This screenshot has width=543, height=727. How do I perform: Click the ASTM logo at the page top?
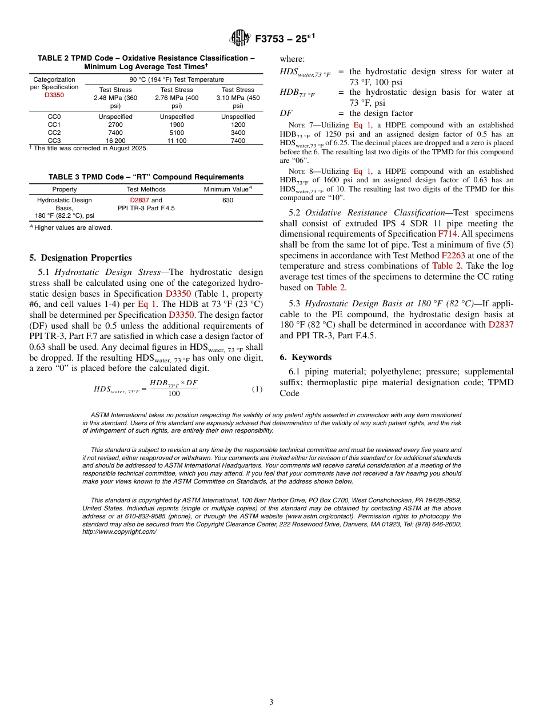240,38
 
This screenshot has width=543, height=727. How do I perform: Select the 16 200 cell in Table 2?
115,141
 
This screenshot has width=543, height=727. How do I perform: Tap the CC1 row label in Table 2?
54,125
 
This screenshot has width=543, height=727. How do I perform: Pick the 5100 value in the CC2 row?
177,133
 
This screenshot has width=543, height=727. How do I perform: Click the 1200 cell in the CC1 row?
238,125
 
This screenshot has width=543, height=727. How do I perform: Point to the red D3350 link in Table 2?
54,95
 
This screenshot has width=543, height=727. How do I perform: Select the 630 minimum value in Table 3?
227,201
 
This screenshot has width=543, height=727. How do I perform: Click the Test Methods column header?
146,189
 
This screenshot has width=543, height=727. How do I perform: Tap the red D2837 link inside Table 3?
139,201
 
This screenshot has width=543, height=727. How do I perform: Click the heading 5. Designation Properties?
81,258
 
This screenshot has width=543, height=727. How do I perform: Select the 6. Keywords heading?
305,357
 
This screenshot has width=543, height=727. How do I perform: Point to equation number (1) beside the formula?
257,389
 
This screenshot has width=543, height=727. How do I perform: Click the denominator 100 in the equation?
174,394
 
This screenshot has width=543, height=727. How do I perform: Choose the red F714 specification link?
448,234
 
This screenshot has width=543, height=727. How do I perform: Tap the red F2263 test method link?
453,255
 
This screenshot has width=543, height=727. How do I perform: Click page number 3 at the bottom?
271,702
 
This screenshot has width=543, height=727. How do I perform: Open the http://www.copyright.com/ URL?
119,532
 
